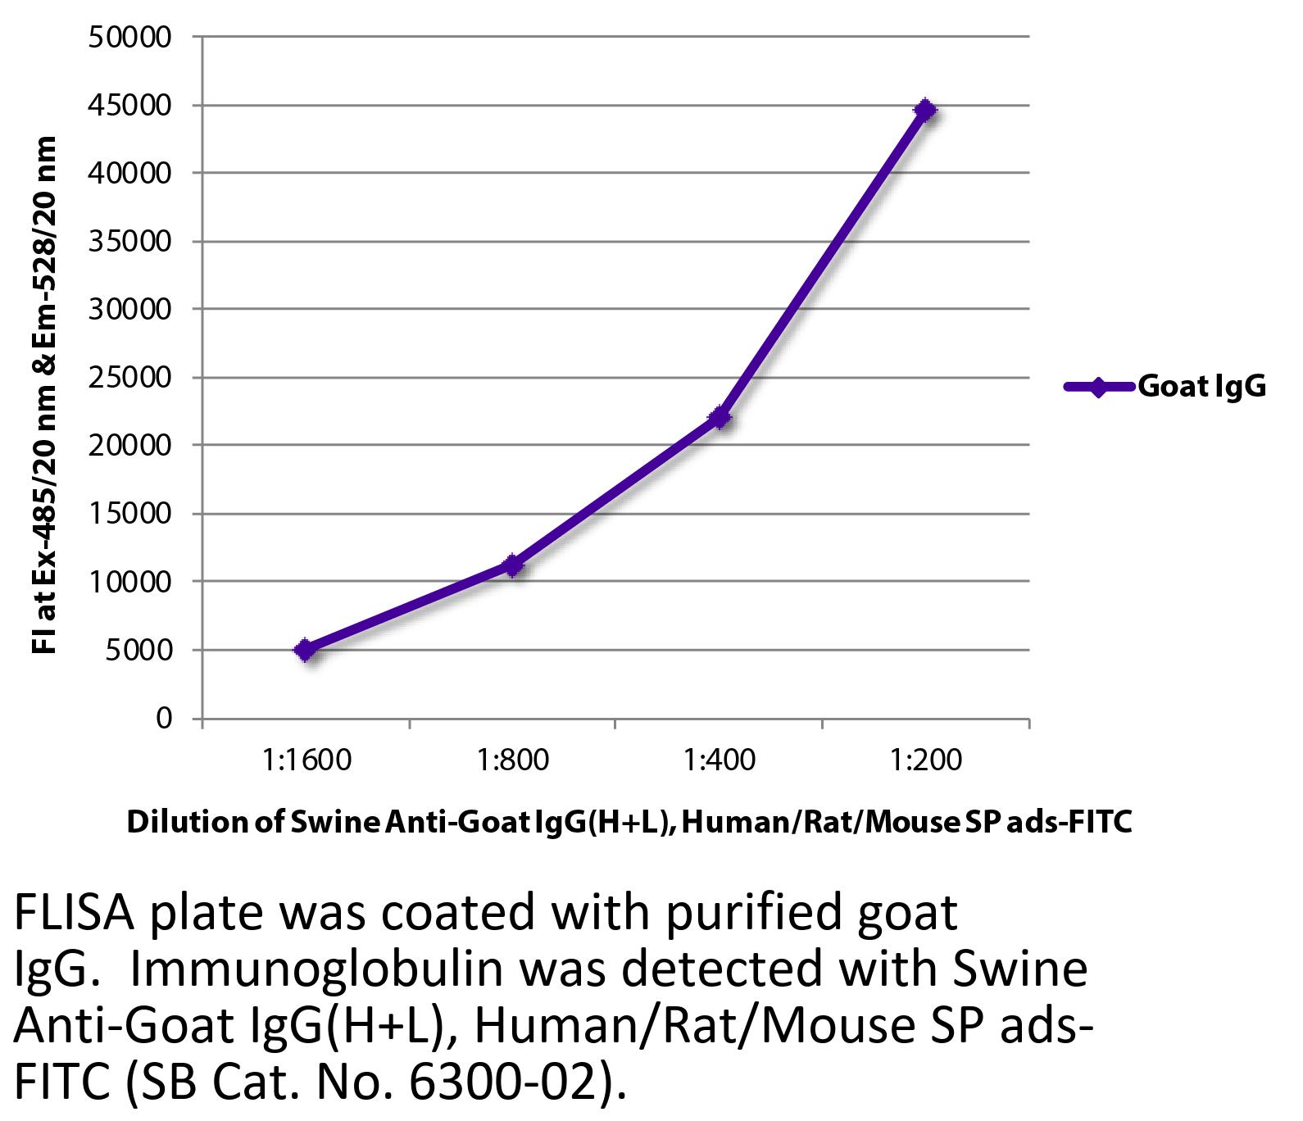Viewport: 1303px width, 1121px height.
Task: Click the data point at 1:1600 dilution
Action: [305, 650]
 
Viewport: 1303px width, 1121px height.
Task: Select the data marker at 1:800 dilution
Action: [512, 565]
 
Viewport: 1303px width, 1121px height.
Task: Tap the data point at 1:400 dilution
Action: [720, 418]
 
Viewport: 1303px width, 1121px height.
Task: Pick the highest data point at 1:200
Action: [925, 110]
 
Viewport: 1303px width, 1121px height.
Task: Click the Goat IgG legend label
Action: [1201, 387]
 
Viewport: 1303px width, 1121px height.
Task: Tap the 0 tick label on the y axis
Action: [164, 718]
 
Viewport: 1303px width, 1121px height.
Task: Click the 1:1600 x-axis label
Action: [307, 760]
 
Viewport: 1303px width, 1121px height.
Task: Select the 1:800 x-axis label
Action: [514, 760]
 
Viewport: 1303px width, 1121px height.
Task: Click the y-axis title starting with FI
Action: [45, 393]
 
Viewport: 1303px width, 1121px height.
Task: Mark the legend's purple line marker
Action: [1098, 387]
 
